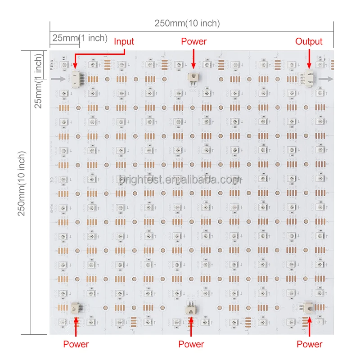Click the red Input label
click(124, 42)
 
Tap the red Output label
click(309, 42)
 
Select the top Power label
click(193, 42)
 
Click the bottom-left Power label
click(76, 344)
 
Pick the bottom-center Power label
click(191, 344)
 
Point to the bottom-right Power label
click(309, 344)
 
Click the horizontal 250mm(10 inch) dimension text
click(187, 24)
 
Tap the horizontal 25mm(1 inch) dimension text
click(79, 38)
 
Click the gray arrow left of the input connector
click(58, 79)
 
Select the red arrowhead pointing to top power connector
click(193, 66)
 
